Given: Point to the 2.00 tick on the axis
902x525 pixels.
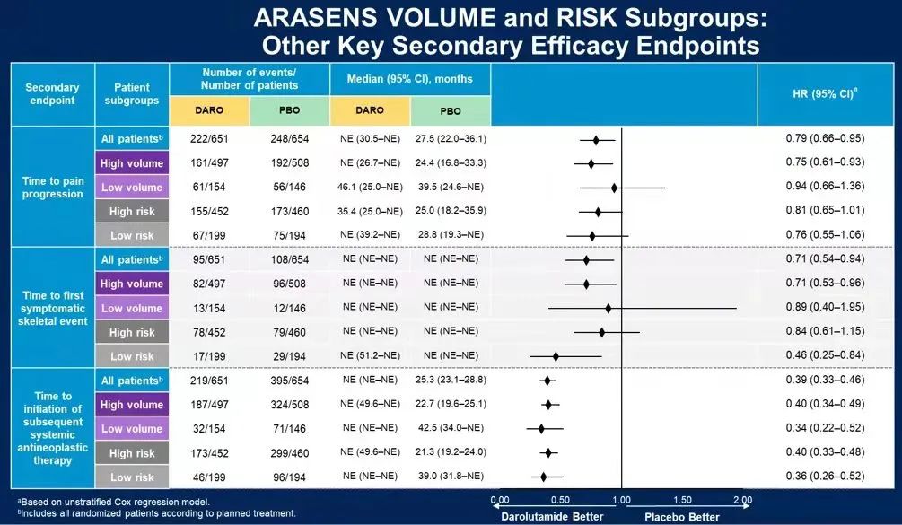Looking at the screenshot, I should (x=741, y=500).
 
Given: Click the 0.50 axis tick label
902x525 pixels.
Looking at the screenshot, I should (x=560, y=500).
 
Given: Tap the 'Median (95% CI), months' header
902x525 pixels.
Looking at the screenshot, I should (x=410, y=79).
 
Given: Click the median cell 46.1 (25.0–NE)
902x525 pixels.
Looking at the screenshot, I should (x=370, y=188).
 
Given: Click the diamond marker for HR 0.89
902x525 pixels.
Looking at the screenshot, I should (x=608, y=308).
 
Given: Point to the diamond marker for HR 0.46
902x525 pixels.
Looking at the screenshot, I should (x=556, y=356).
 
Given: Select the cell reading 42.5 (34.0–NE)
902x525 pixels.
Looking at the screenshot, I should (x=450, y=429).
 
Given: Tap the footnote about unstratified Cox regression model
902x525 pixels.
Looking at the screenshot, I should (x=113, y=501).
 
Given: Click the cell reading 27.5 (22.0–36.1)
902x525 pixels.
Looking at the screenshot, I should (x=450, y=139).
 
